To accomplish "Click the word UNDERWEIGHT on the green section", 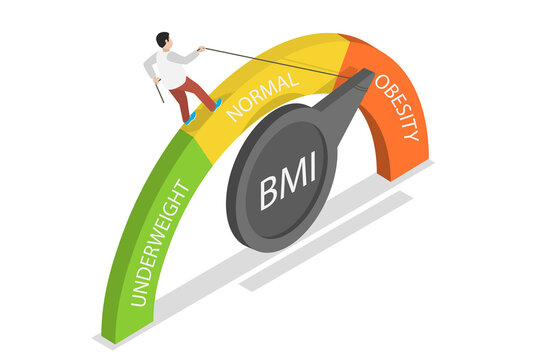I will point(161,243).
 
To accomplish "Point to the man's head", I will point(163,39).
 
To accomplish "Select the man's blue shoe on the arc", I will point(189,118).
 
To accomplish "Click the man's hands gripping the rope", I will point(201,48).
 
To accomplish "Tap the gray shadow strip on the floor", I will point(330,240).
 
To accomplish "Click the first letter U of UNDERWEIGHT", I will point(139,298).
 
